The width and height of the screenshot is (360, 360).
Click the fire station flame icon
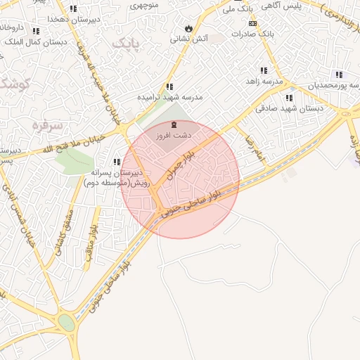tap(188, 27)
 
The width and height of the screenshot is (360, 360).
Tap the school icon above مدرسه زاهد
tap(264, 71)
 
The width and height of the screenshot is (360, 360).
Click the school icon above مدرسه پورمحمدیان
tap(340, 75)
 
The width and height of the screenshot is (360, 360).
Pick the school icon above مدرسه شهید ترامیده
tap(169, 87)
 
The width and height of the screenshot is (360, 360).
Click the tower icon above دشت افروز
tap(174, 124)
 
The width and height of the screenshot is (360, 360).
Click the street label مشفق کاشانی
tap(56, 233)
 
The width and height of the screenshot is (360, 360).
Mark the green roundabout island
tap(67, 323)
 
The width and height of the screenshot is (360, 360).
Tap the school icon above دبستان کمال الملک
tap(36, 31)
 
